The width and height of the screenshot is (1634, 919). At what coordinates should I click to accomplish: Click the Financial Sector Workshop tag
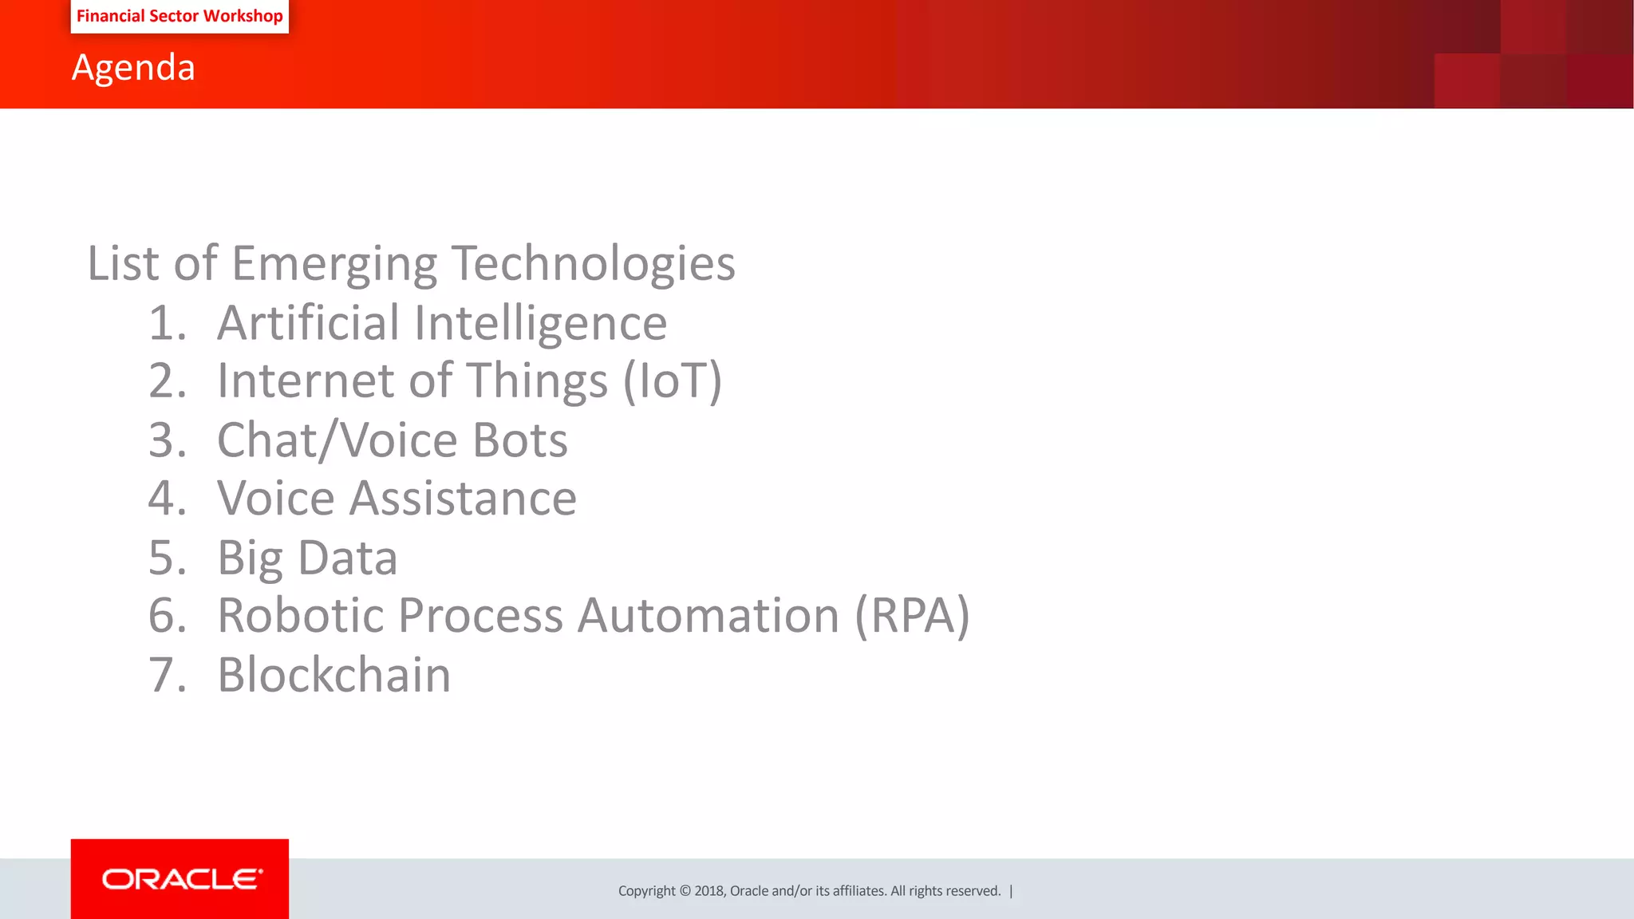180,16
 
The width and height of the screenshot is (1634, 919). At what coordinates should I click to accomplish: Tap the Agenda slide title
133,67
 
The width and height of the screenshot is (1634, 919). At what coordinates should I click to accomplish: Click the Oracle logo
181,879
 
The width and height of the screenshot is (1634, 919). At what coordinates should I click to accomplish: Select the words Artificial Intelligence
441,323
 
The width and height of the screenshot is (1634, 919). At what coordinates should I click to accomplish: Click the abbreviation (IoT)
672,381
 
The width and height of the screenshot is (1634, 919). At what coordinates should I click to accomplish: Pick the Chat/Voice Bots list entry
392,440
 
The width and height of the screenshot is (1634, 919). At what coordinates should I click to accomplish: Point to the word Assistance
463,499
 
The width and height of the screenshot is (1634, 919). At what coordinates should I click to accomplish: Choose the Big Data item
307,558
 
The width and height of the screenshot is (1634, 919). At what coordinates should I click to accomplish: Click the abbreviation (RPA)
912,616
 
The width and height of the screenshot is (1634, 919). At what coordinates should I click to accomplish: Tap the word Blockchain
334,675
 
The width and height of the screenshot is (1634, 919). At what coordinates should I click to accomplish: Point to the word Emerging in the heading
334,264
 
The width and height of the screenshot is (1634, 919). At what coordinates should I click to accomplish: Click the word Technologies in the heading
593,264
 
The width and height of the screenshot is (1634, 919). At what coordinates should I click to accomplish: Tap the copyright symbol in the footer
685,891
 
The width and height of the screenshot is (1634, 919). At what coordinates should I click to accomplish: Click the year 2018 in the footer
708,891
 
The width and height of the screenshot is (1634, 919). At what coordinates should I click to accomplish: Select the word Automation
708,616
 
